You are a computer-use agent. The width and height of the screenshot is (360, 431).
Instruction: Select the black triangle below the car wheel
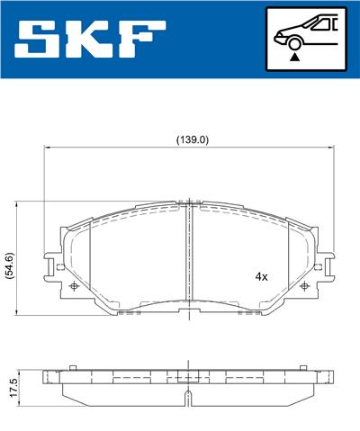pyautogui.click(x=293, y=57)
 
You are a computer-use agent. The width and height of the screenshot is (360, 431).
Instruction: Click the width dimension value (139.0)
pyautogui.click(x=191, y=139)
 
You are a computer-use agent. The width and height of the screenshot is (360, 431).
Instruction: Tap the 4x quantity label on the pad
pyautogui.click(x=261, y=276)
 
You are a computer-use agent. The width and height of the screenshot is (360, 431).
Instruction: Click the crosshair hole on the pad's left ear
pyautogui.click(x=74, y=285)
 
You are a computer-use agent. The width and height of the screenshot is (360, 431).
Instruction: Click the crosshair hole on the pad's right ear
pyautogui.click(x=307, y=285)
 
